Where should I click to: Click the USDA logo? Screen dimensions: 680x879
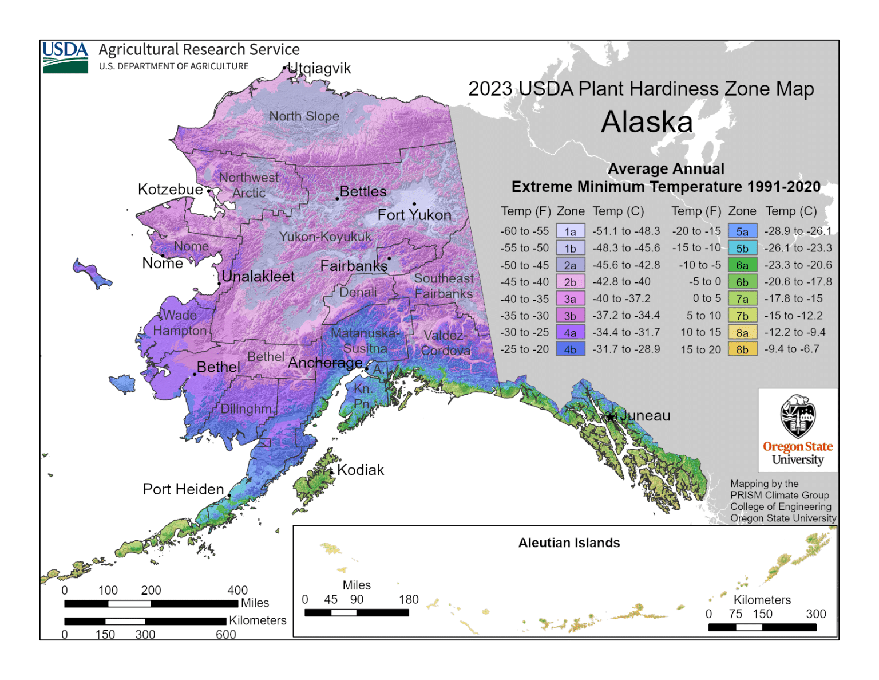click(65, 57)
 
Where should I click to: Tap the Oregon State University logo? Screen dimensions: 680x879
click(797, 430)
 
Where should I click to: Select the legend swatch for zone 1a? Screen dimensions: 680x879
click(570, 231)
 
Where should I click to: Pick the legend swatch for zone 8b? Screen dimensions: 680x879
click(742, 349)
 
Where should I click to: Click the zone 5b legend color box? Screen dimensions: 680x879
click(742, 249)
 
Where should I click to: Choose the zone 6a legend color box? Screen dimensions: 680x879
click(742, 265)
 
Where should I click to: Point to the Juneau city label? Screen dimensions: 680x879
click(645, 416)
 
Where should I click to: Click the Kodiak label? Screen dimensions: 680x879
click(361, 470)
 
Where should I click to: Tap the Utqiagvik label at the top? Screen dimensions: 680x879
click(319, 68)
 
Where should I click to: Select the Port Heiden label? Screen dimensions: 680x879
click(183, 489)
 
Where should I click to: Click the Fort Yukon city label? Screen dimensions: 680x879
click(414, 215)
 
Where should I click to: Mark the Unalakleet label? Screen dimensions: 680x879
click(258, 277)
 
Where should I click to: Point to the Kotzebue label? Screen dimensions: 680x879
click(170, 190)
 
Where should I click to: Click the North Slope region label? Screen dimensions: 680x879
click(304, 116)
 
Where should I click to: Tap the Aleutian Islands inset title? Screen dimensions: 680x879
click(569, 543)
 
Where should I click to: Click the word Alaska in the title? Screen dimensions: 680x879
click(647, 122)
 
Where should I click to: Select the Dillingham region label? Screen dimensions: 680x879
click(247, 409)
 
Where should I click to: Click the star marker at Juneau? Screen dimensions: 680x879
click(611, 416)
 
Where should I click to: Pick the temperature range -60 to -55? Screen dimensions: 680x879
click(524, 231)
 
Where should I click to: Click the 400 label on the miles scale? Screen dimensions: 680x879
click(237, 590)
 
